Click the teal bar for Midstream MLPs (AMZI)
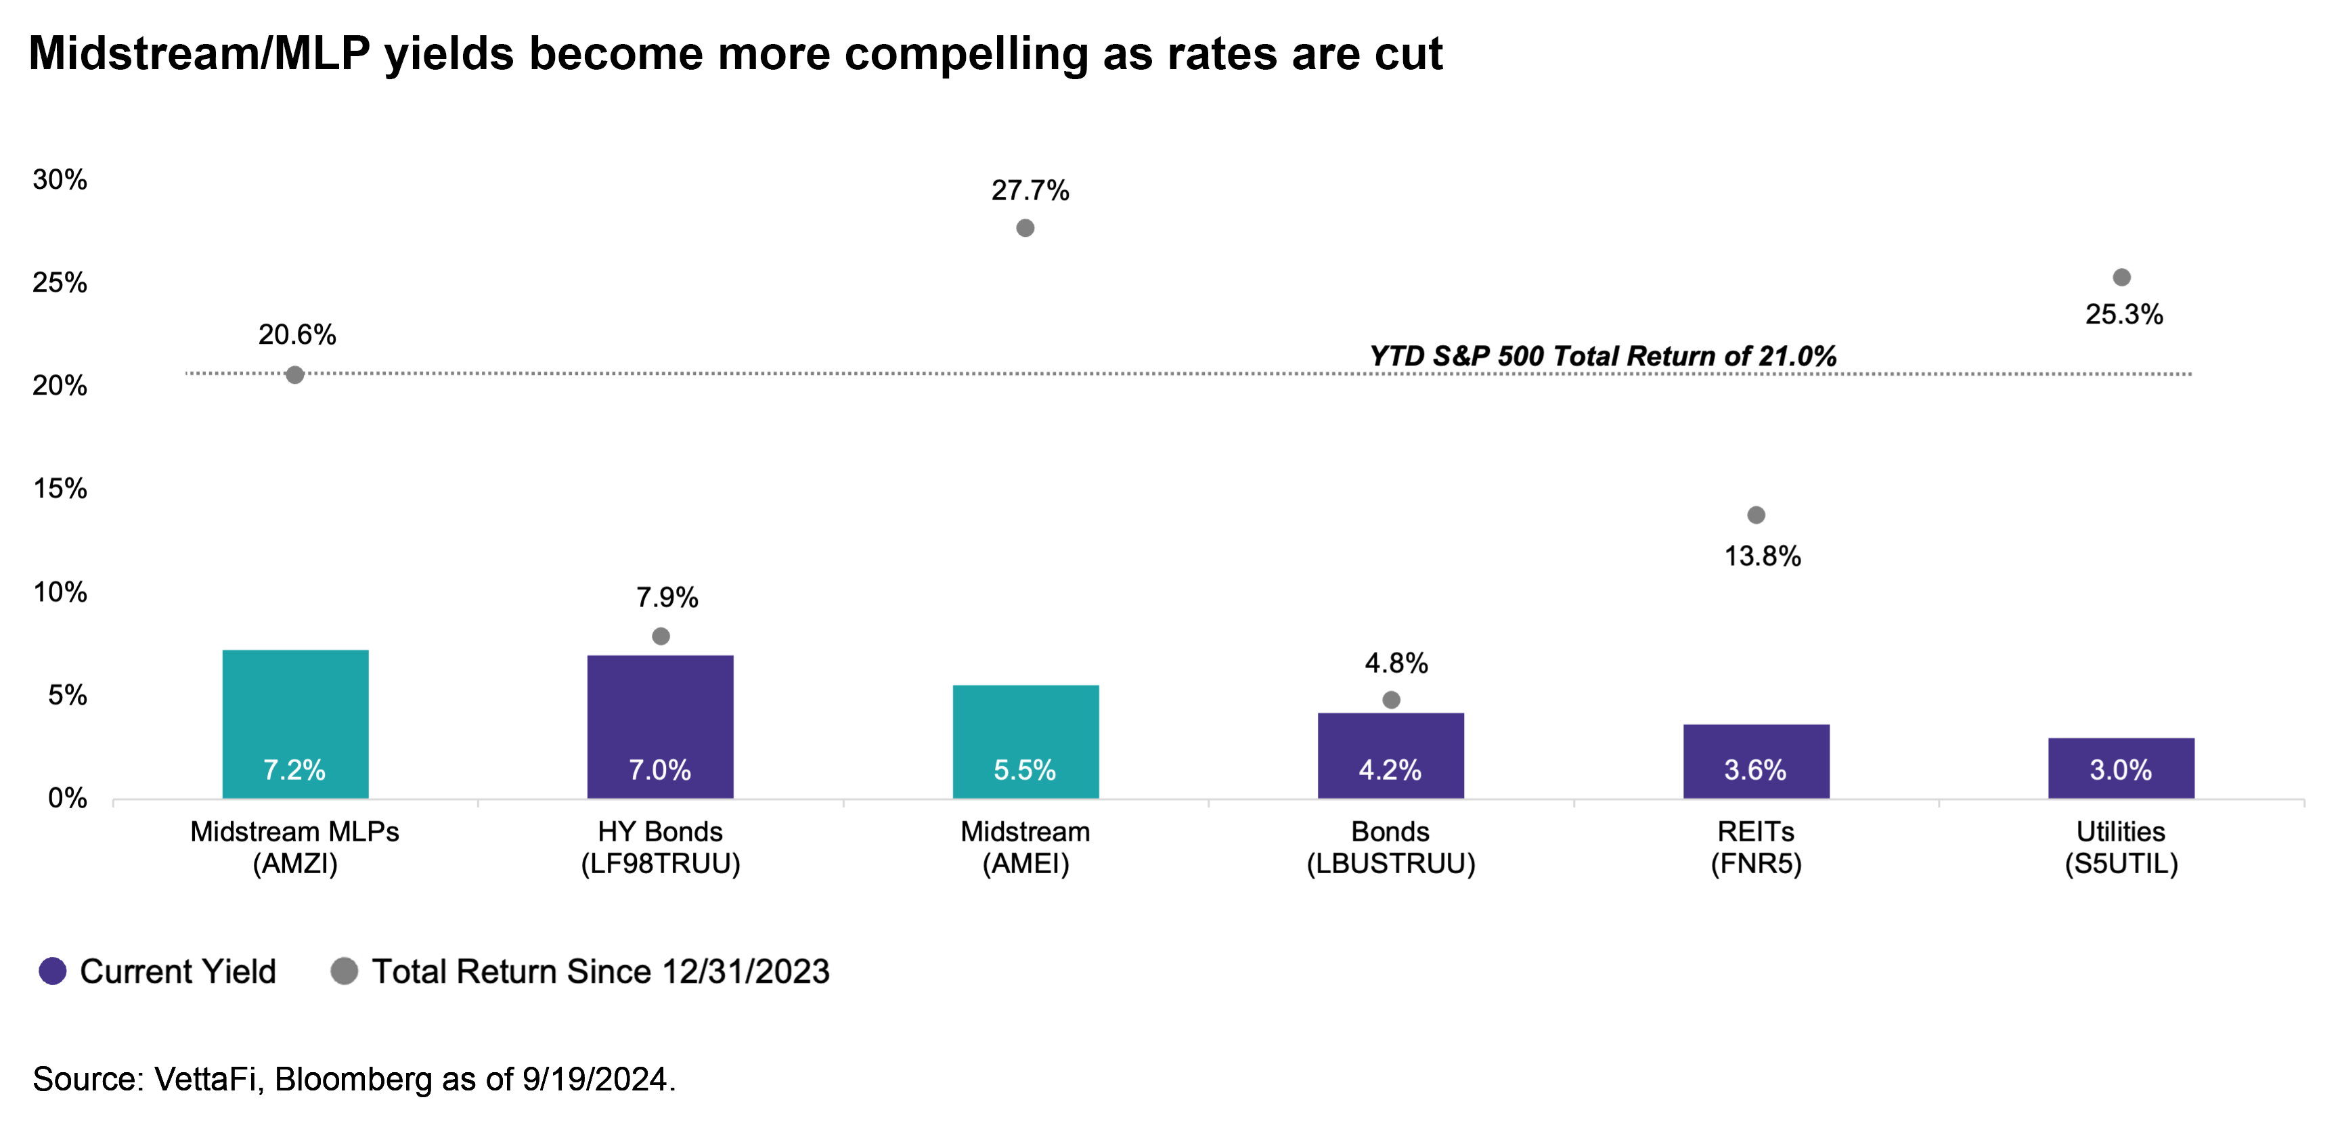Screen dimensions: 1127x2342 click(296, 724)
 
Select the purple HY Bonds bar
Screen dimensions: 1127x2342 click(660, 726)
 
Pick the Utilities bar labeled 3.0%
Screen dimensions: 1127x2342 click(2121, 768)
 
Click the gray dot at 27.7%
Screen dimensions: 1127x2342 click(1025, 228)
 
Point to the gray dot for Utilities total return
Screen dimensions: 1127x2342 click(2122, 278)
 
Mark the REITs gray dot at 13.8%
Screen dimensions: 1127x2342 click(1756, 515)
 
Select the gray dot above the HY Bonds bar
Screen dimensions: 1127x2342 click(661, 636)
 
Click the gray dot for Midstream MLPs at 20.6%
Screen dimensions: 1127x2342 click(294, 374)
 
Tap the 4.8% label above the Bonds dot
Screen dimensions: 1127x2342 click(1396, 663)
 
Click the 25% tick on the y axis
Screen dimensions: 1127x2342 click(60, 283)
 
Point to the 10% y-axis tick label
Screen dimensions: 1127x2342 click(60, 592)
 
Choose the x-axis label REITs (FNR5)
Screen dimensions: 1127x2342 click(1756, 847)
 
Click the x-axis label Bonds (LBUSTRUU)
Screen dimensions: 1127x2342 click(1390, 847)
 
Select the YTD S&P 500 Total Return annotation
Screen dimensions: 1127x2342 click(1602, 355)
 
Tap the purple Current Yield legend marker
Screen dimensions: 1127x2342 click(53, 971)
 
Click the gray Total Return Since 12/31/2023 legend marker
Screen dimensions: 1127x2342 click(344, 971)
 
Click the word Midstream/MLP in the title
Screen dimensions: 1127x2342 click(199, 53)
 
